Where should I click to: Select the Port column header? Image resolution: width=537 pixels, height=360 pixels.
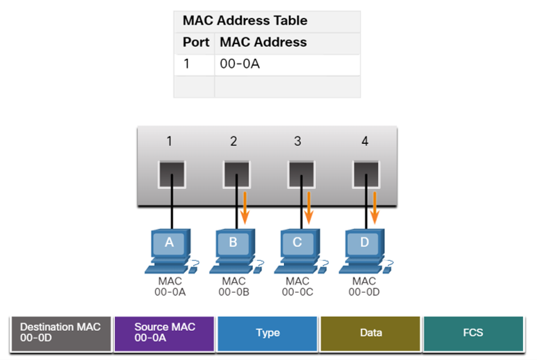point(195,43)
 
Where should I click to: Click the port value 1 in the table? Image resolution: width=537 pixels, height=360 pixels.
point(186,65)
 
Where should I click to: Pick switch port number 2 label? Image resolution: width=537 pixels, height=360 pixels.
point(234,142)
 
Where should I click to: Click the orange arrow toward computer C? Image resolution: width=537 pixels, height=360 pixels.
point(310,208)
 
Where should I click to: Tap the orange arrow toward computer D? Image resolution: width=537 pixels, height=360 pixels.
point(374,208)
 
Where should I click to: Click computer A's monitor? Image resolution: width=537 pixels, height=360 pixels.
point(169,243)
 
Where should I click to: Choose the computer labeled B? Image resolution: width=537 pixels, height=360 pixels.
point(234,249)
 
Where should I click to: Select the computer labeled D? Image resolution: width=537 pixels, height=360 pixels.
point(364,249)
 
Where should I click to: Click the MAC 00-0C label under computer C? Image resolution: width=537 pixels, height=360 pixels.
point(297,287)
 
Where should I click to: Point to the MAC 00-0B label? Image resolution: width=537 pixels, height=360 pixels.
point(234,287)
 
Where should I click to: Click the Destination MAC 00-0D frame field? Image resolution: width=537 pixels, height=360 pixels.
point(61,333)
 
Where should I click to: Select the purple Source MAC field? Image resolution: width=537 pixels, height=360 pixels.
point(165,333)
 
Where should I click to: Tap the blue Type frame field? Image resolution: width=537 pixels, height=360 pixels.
point(267,333)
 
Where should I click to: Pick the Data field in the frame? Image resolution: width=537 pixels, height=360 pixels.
point(371,333)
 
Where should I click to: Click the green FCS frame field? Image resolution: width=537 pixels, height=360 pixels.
point(473,333)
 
